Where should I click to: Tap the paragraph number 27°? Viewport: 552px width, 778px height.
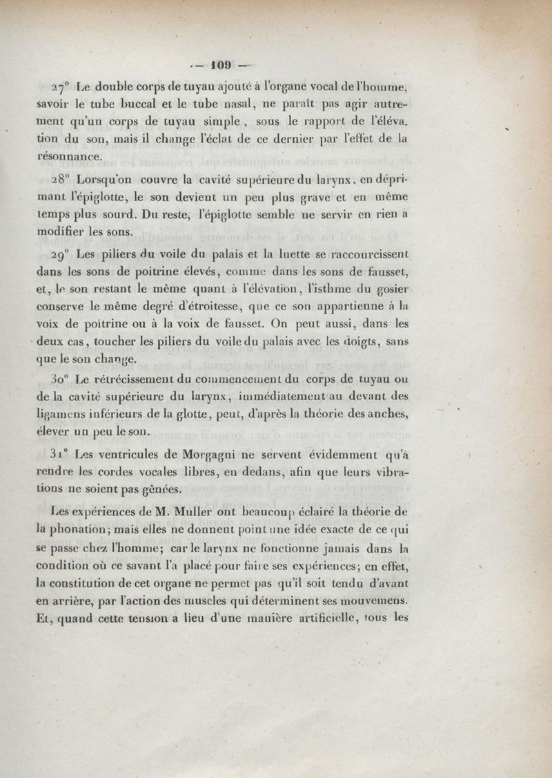[61, 88]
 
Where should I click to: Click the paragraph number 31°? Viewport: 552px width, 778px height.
[61, 455]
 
